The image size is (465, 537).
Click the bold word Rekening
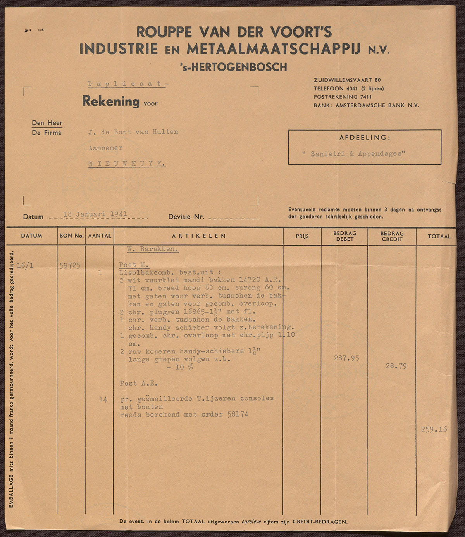[x=111, y=102]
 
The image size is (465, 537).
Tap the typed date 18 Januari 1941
[x=95, y=214]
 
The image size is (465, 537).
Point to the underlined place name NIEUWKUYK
[x=127, y=164]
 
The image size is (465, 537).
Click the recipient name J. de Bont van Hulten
[x=133, y=132]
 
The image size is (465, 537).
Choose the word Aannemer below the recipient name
[x=105, y=148]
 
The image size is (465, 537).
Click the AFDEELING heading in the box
[x=365, y=138]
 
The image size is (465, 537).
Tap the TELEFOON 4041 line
[x=349, y=88]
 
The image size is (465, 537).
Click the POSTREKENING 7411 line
[x=343, y=97]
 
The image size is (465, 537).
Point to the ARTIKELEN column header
[x=199, y=236]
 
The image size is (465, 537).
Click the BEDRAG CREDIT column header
[x=392, y=236]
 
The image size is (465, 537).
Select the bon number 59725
[x=70, y=265]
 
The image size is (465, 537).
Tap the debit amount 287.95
[x=346, y=358]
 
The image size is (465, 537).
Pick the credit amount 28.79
[x=396, y=366]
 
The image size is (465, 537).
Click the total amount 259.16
[x=434, y=429]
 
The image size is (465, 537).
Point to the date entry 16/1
[x=25, y=265]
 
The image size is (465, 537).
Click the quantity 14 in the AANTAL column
[x=103, y=399]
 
